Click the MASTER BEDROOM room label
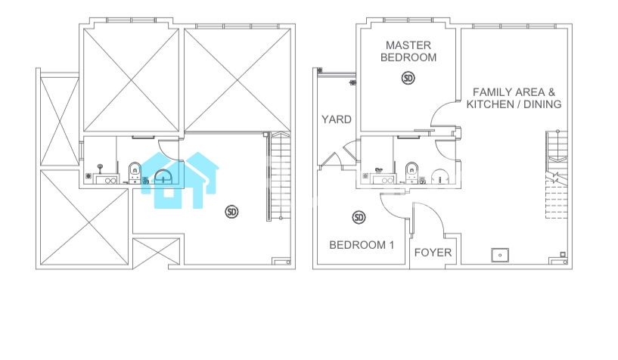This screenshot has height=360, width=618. tap(408, 51)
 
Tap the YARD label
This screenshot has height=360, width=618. tap(336, 119)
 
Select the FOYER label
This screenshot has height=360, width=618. tap(433, 253)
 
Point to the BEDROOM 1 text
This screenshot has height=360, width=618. tap(362, 245)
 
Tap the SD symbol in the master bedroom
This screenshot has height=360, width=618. tap(408, 78)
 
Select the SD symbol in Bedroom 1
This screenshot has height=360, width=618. tap(359, 217)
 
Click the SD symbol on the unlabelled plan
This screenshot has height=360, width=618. tap(231, 212)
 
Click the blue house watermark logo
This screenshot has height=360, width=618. tap(180, 181)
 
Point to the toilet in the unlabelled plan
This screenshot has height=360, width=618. tap(135, 172)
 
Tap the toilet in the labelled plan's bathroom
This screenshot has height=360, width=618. tap(411, 172)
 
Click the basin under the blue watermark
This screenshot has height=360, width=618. tap(163, 176)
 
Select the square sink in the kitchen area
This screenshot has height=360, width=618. tap(500, 255)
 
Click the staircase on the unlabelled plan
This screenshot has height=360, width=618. tap(279, 176)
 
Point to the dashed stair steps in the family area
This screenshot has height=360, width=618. tap(557, 202)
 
